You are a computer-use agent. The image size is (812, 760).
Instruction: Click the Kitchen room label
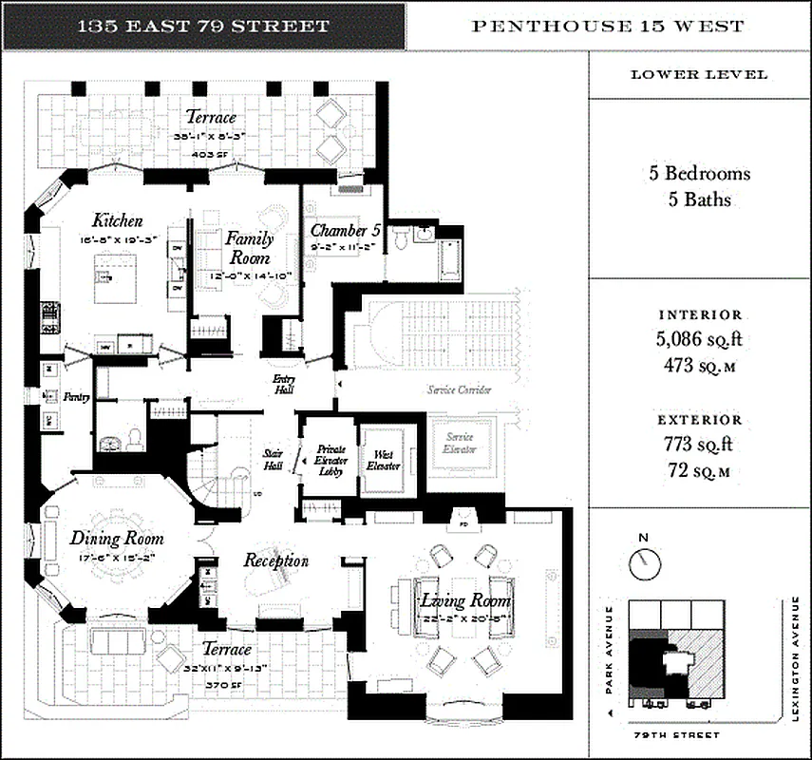[118, 219]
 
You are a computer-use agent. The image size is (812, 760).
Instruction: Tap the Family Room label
[249, 248]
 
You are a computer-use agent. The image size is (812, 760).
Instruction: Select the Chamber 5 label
[345, 231]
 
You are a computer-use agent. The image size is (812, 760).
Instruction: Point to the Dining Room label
[117, 539]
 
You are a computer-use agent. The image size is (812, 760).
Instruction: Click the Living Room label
[465, 600]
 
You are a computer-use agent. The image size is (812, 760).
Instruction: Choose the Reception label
[276, 560]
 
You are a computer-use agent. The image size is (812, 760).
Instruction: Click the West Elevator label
[383, 461]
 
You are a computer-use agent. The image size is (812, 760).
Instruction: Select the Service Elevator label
[460, 443]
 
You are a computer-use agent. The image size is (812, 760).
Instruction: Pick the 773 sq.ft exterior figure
[700, 442]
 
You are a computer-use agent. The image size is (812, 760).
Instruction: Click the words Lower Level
[700, 75]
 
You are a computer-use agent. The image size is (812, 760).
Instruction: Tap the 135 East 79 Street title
[204, 27]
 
